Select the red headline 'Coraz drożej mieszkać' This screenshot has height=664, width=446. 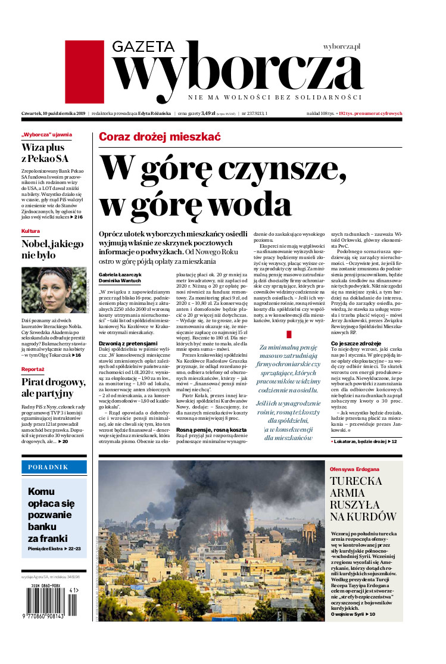(x=160, y=137)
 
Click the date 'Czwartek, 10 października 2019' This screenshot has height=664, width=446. (x=54, y=113)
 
